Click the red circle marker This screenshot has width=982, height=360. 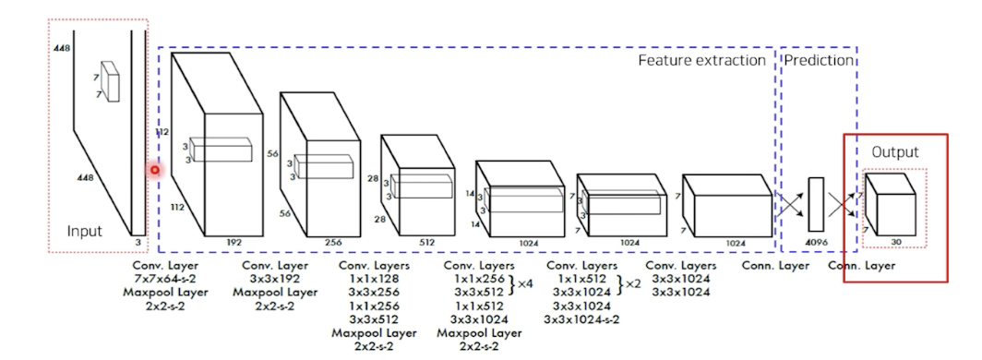(x=155, y=170)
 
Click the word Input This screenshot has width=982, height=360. (x=85, y=231)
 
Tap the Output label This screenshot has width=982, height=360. (x=895, y=152)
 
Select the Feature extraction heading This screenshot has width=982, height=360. (x=702, y=60)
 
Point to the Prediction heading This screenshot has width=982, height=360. (x=820, y=60)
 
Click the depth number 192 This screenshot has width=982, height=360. (x=234, y=242)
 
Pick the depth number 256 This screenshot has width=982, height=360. (x=333, y=242)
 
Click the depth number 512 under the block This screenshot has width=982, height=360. (x=426, y=242)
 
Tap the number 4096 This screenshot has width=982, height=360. (x=816, y=242)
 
